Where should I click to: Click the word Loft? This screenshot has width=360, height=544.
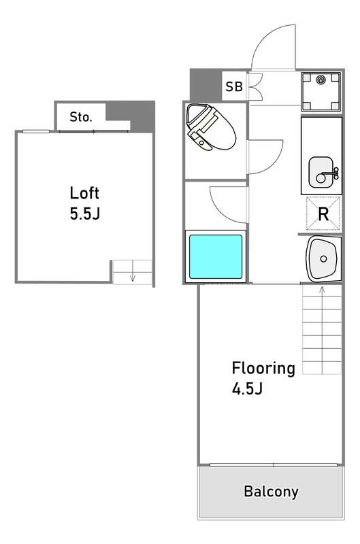click(84, 193)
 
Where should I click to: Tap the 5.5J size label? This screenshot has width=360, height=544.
click(84, 214)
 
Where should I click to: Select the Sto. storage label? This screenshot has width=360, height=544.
click(81, 117)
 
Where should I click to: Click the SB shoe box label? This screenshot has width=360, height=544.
click(234, 86)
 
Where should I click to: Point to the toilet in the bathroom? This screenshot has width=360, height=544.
click(210, 126)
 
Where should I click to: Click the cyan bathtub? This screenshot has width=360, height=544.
click(216, 256)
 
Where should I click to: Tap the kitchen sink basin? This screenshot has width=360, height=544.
click(321, 172)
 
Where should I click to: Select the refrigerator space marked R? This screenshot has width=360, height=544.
click(323, 214)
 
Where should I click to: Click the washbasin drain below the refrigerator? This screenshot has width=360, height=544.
click(323, 258)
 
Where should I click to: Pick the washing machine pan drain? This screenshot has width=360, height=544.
click(320, 80)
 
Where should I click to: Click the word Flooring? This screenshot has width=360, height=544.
click(263, 369)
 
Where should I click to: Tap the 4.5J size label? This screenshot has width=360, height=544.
click(247, 389)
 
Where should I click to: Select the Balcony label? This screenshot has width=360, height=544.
click(271, 492)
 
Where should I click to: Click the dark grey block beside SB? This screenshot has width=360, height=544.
click(206, 85)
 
